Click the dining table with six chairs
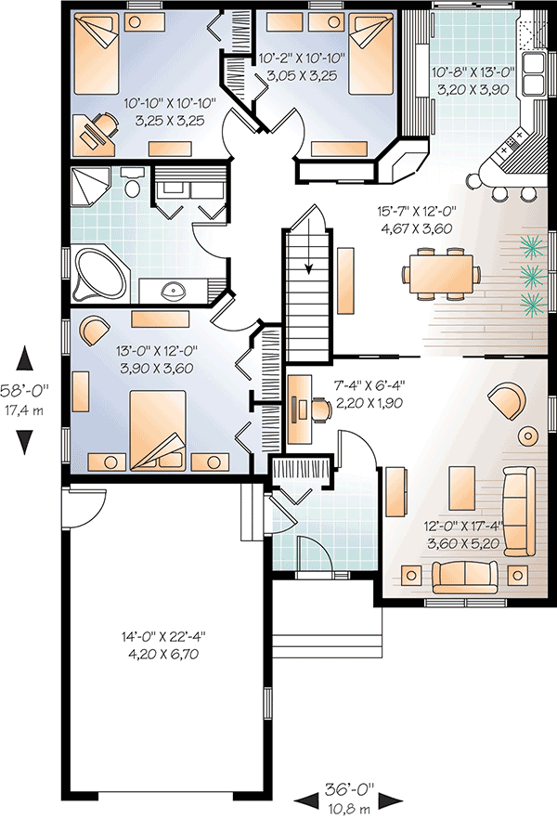[442, 275]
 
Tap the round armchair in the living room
[506, 400]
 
